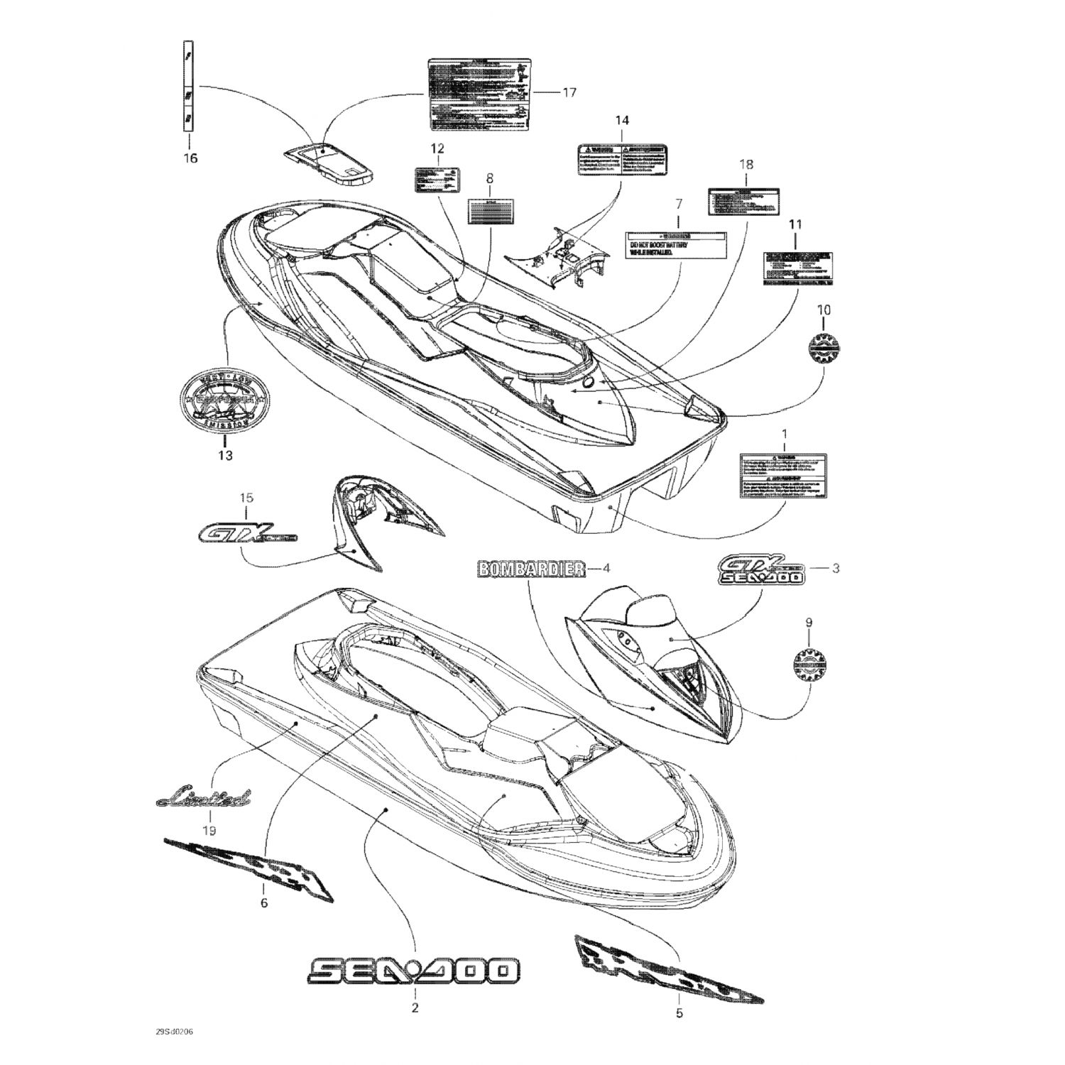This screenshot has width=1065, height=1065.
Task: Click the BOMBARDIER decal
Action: tap(532, 568)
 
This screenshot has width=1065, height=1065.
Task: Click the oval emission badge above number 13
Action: tap(225, 400)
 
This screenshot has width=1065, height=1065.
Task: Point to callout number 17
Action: tap(569, 92)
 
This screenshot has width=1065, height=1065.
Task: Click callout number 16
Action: tap(190, 158)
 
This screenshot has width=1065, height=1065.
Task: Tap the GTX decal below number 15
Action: tap(245, 532)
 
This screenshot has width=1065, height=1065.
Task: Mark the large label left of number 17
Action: tap(479, 94)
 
